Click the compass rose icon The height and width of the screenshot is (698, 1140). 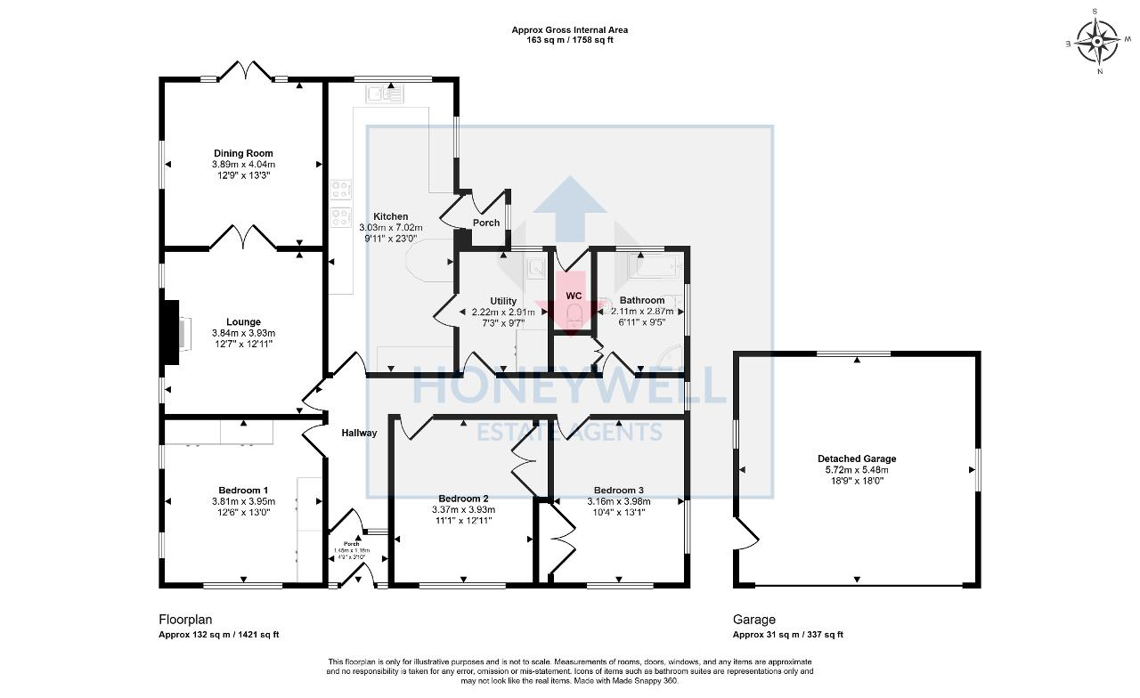point(1097,40)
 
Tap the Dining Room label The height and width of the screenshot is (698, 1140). point(243,153)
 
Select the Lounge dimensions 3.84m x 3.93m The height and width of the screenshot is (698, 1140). point(243,333)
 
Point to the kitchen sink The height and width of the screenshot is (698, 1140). point(384,92)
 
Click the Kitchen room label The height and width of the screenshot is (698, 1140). point(391,216)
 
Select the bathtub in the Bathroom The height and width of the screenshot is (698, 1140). point(654,265)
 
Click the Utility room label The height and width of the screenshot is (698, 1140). point(503,301)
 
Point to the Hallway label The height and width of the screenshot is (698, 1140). point(359,433)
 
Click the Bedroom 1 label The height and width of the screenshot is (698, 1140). point(243,491)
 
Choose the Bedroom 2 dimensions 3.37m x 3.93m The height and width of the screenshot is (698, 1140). point(463,510)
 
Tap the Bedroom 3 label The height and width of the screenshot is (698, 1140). point(618,491)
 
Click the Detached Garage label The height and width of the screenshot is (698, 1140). point(857,459)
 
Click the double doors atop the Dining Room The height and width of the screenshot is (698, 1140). point(245,71)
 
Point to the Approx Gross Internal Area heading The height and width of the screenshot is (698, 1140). point(569,29)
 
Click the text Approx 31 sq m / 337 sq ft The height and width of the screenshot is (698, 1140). point(787,635)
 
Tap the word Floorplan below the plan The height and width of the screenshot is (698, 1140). point(185,620)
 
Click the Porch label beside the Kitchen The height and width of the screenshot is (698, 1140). point(485,223)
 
